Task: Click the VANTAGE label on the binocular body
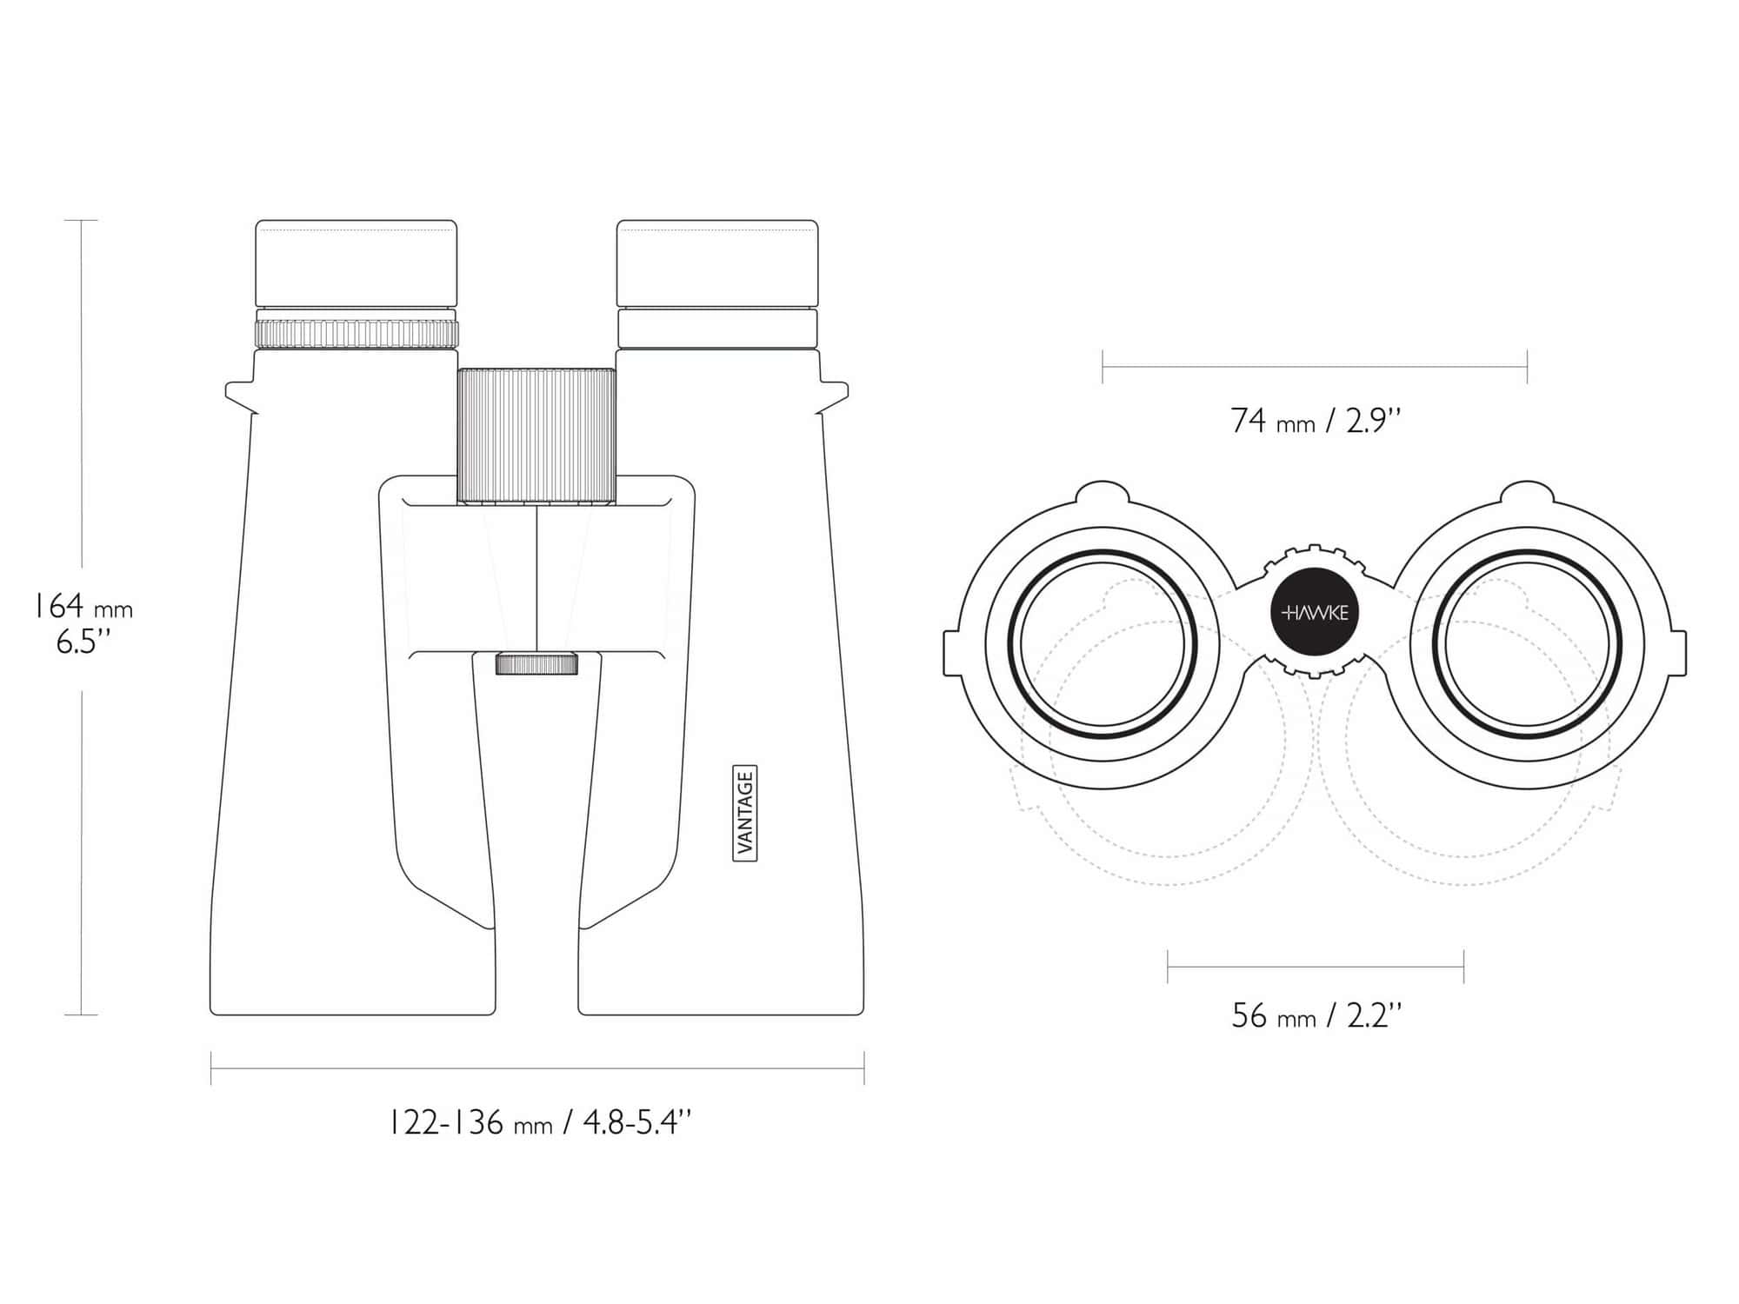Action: (746, 814)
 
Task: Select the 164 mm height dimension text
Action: (83, 606)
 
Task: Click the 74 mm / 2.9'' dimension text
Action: (1316, 421)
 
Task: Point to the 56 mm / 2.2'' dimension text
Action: (1316, 1015)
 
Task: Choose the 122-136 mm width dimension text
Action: (539, 1123)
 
